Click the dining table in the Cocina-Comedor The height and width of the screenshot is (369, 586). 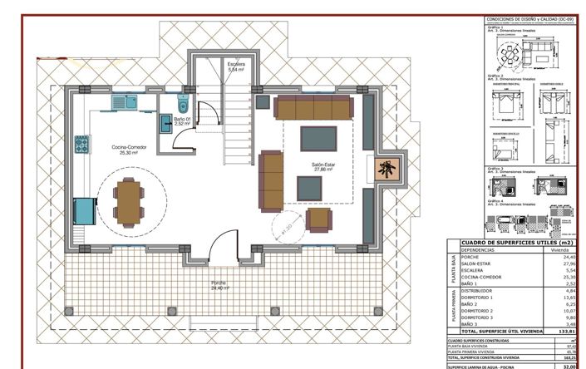[129, 199]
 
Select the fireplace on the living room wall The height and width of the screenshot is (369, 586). [386, 169]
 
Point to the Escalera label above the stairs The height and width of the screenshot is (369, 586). [237, 66]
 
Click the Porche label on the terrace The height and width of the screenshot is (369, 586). [219, 285]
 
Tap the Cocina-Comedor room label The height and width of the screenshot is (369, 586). [130, 150]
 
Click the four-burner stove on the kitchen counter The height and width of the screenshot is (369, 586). [82, 146]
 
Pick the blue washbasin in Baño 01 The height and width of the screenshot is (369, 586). [166, 123]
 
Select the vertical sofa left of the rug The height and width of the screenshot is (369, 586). [270, 180]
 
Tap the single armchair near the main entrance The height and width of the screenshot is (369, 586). [318, 220]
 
